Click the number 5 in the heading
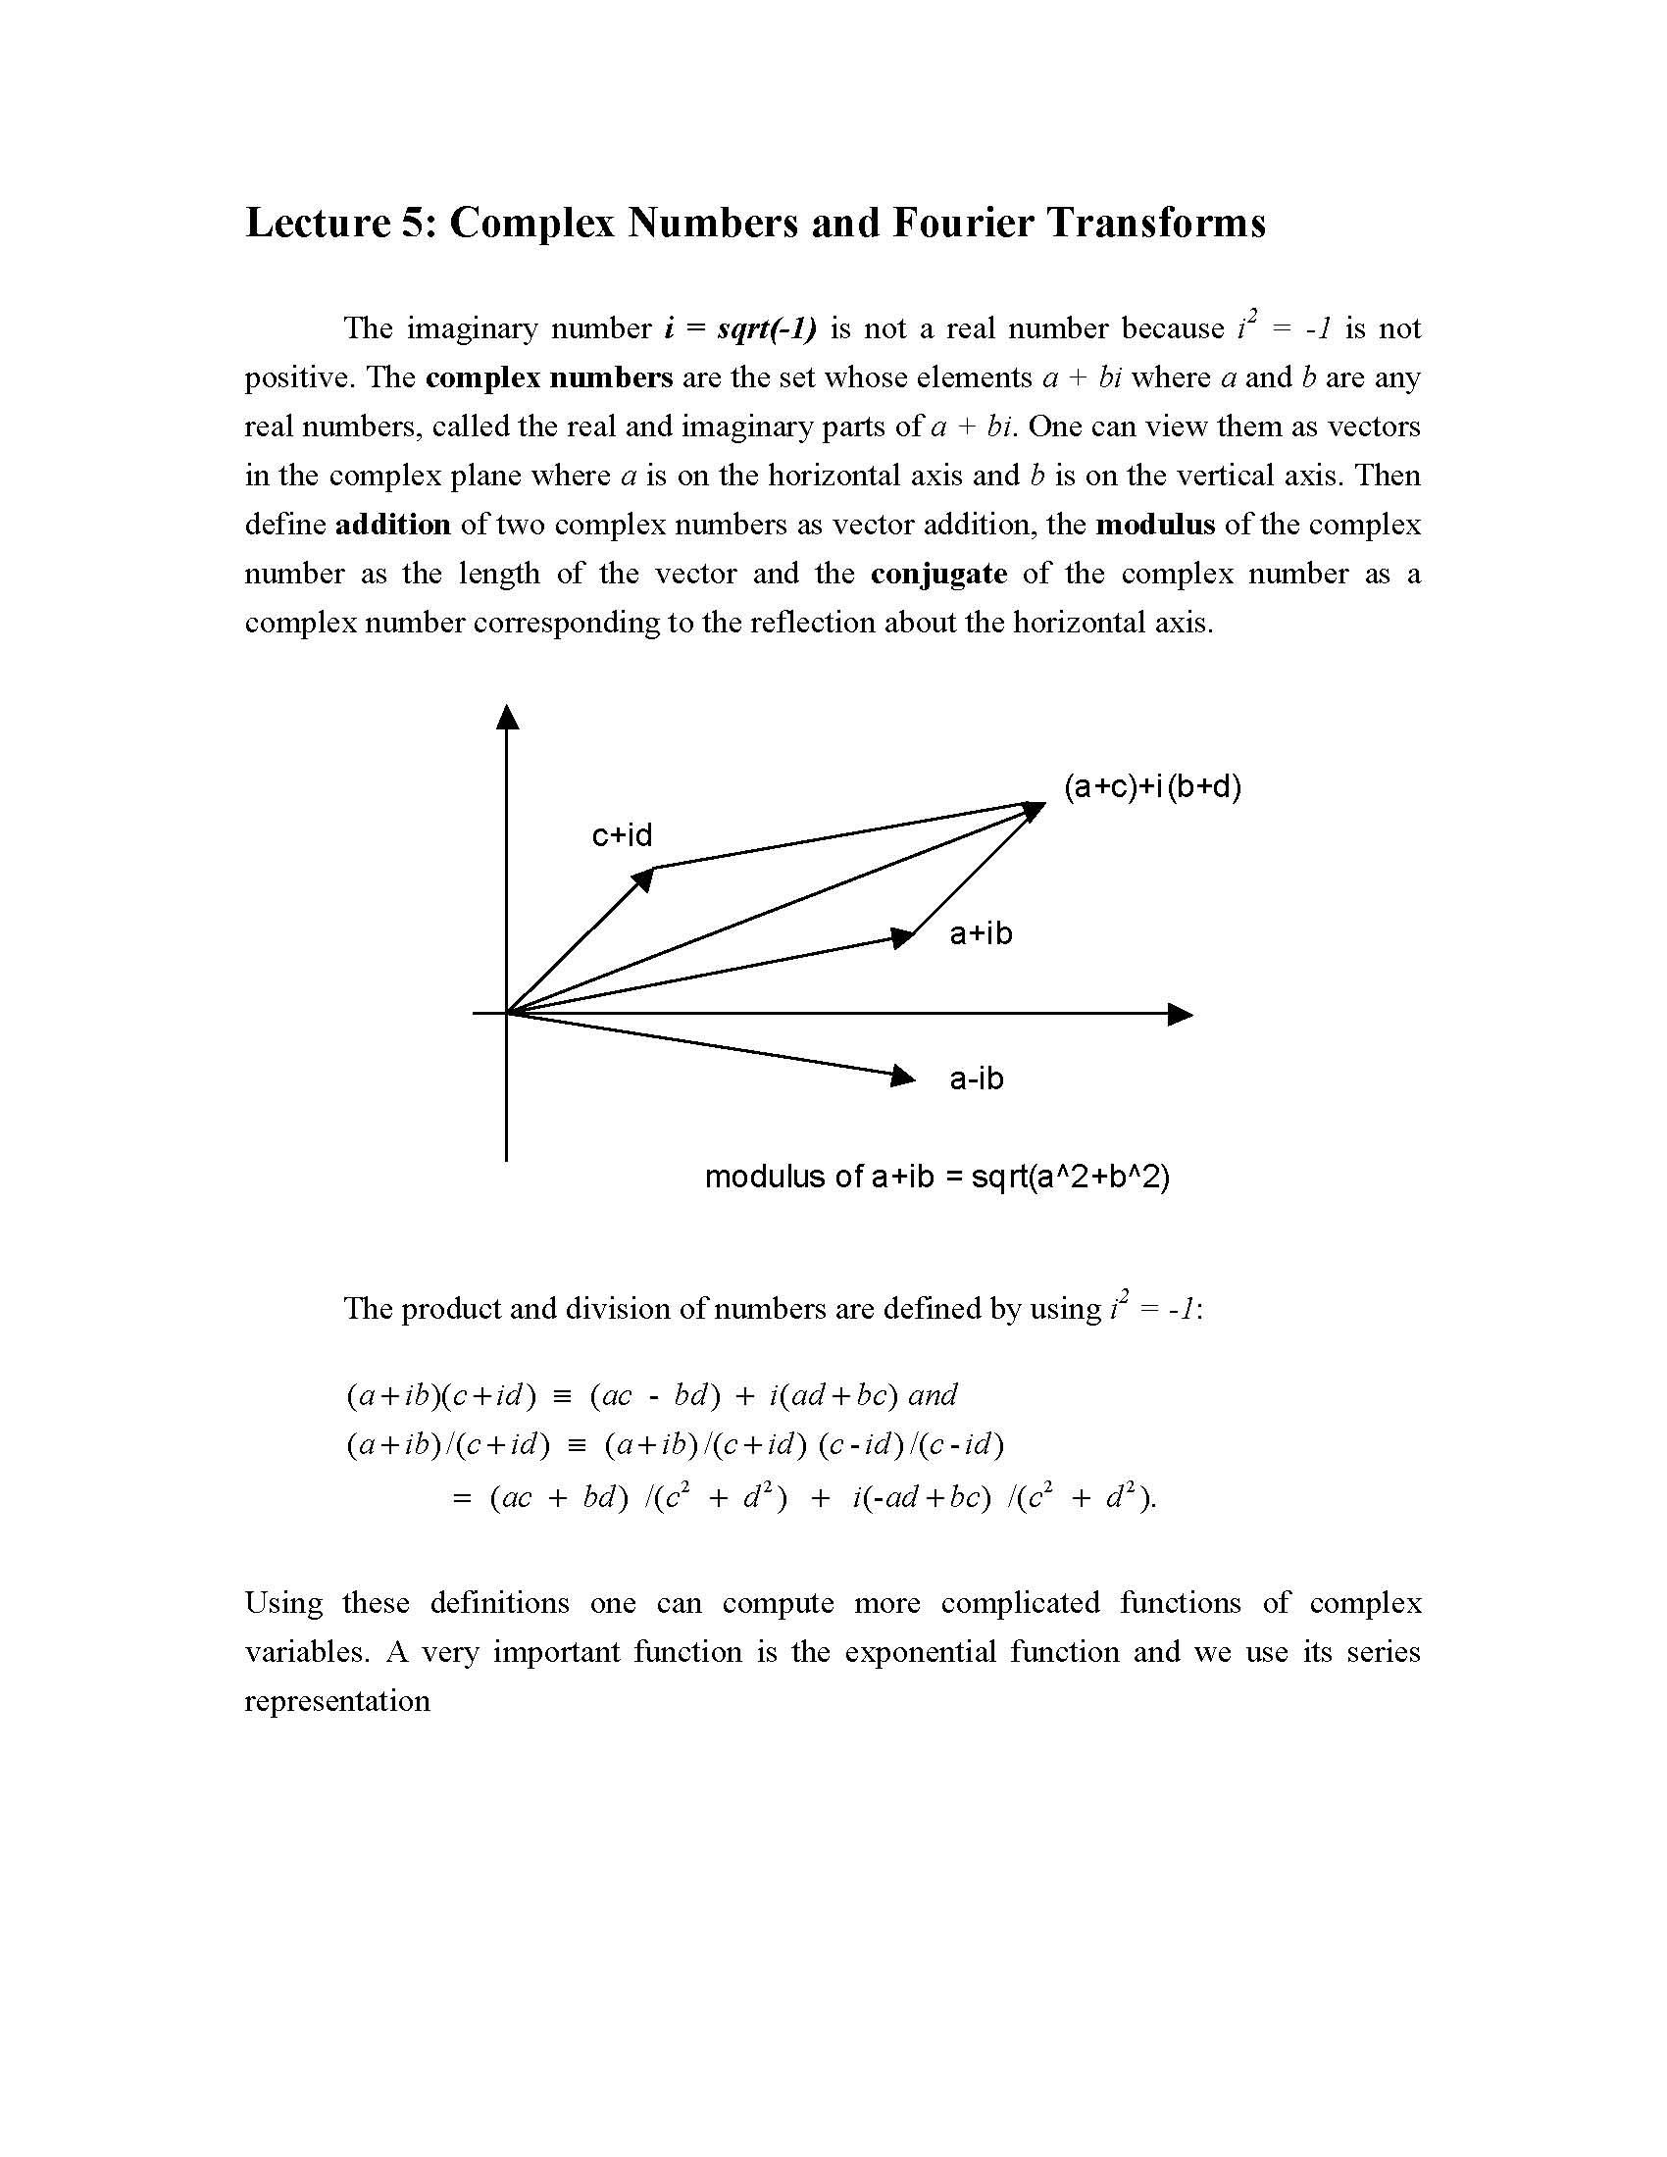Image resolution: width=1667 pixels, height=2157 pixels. (413, 223)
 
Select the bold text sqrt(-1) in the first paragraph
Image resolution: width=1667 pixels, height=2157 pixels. (768, 328)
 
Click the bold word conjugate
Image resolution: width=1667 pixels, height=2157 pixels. (938, 574)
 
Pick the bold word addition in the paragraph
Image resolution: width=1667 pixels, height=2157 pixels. (393, 525)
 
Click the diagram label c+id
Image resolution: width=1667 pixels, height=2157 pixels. (622, 835)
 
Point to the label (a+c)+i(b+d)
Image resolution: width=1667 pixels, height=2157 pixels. (1151, 787)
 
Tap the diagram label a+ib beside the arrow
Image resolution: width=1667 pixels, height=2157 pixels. (981, 933)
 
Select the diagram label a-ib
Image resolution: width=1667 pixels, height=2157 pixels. (976, 1078)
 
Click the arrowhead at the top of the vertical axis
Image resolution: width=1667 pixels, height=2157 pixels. (507, 719)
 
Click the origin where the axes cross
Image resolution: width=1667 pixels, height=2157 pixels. (507, 1014)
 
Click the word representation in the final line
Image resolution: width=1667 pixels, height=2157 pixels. (337, 1701)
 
